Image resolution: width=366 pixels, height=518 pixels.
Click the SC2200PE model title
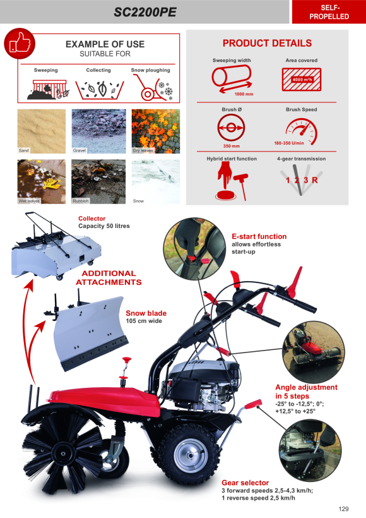[145, 12]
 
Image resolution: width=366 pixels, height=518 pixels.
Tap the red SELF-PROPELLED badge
[329, 12]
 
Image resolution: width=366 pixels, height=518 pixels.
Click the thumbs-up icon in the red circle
[20, 44]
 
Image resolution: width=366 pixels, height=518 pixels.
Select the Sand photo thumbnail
[42, 131]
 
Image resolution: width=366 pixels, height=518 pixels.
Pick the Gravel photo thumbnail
[98, 131]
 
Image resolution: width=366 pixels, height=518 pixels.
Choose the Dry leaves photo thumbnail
[156, 131]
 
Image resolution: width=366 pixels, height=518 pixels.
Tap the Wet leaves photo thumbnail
[42, 182]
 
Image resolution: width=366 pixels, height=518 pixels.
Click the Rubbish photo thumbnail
[98, 182]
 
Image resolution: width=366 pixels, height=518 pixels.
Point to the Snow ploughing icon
[153, 88]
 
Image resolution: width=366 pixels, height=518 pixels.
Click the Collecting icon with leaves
[100, 90]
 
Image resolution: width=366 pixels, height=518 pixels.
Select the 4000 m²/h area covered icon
[301, 80]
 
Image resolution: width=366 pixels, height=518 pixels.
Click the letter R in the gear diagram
[314, 180]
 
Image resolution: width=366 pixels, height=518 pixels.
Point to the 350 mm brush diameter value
[232, 146]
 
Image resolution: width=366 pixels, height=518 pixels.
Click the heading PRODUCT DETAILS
[267, 44]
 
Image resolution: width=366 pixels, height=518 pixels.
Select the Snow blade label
[146, 313]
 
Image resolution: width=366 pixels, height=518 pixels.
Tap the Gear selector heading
[245, 483]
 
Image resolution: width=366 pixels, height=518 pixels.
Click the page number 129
[343, 509]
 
